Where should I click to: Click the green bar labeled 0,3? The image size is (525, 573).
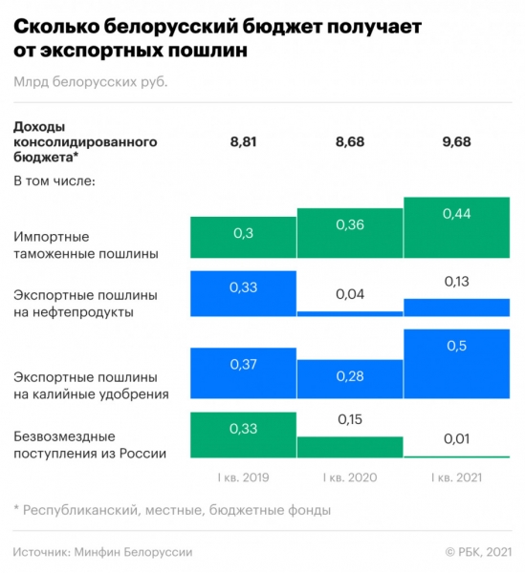[x=243, y=238]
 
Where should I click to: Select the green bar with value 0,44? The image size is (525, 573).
[x=456, y=228]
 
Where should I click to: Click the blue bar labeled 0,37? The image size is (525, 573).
[x=243, y=373]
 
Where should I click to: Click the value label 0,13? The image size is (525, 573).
[x=456, y=282]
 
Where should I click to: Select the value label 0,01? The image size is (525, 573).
[x=456, y=438]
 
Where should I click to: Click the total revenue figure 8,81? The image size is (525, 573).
[x=243, y=142]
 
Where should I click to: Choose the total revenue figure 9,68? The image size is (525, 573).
[x=456, y=142]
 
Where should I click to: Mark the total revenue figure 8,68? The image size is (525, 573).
[x=350, y=142]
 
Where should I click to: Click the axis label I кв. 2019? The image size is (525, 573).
[x=243, y=477]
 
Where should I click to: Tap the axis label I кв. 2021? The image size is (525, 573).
[x=456, y=477]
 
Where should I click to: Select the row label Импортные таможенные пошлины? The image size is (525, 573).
[x=86, y=244]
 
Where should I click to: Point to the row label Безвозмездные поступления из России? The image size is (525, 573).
[x=91, y=444]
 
